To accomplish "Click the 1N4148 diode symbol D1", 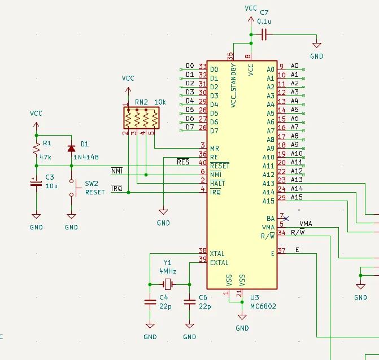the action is (x=71, y=149).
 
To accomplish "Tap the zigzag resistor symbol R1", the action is (x=36, y=149).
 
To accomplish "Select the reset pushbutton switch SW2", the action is (x=75, y=188).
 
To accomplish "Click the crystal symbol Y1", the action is (x=168, y=284).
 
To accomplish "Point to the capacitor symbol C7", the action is (x=264, y=35).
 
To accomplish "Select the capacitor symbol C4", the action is (x=150, y=302).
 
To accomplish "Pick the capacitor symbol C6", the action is (x=190, y=302).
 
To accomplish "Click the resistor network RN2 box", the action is (x=141, y=118).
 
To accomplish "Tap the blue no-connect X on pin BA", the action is (x=286, y=219).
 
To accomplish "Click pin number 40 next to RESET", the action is (x=203, y=163).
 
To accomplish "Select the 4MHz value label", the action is (x=168, y=271).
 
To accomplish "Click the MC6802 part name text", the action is (x=263, y=306).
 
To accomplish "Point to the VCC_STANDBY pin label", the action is (x=233, y=85).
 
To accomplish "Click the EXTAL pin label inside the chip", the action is (x=219, y=263).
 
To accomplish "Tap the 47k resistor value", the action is (x=45, y=157).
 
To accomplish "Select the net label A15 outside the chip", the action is (x=297, y=197).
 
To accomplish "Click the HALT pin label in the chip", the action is (x=217, y=183).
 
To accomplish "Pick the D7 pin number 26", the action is (x=203, y=128).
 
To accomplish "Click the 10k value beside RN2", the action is (x=160, y=102).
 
